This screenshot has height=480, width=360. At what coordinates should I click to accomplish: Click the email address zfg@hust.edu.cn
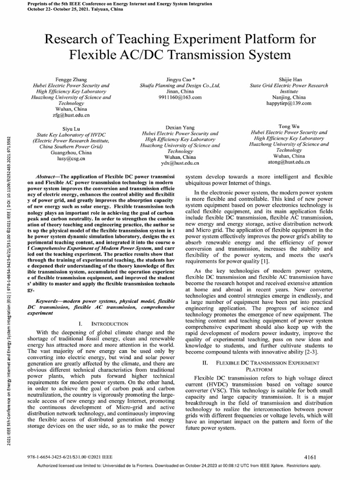pyautogui.click(x=71, y=114)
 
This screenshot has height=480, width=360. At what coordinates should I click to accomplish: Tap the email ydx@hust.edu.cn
pyautogui.click(x=180, y=163)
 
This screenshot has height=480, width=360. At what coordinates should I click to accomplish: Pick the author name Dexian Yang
pyautogui.click(x=180, y=127)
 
